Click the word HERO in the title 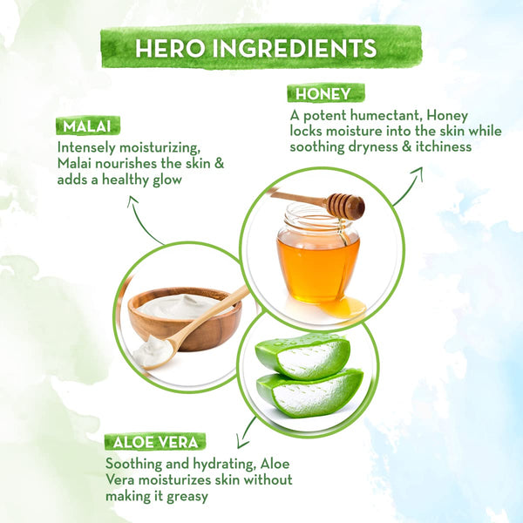point(170,48)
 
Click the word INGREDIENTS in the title point(295,48)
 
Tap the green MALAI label point(88,126)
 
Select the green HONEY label point(325,93)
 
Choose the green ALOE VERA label point(155,442)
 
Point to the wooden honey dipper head point(346,205)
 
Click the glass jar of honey point(318,254)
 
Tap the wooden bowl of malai point(185,318)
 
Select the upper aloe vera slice point(302,356)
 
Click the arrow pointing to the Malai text point(142,221)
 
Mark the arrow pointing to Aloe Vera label point(246,433)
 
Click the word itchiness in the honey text point(444,147)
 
